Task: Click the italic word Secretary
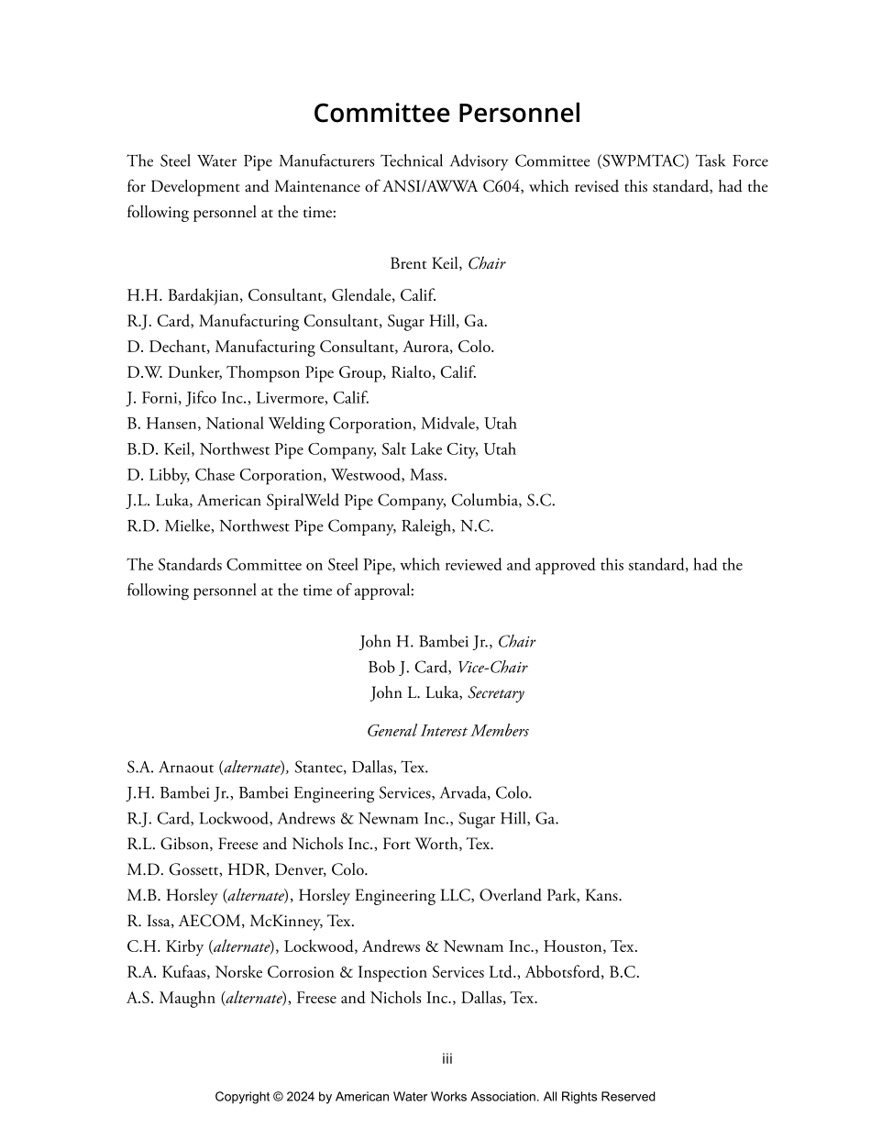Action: [x=496, y=693]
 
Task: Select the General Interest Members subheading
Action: [x=447, y=731]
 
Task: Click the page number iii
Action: [x=447, y=1059]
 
